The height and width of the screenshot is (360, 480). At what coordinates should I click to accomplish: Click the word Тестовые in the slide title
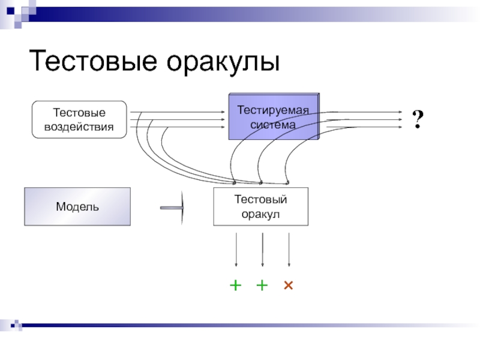pyautogui.click(x=93, y=61)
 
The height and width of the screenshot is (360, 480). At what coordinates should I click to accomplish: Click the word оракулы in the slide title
pyautogui.click(x=223, y=63)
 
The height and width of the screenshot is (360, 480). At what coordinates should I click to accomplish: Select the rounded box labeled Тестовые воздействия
pyautogui.click(x=79, y=119)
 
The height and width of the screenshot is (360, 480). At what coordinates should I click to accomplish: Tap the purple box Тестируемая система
pyautogui.click(x=274, y=116)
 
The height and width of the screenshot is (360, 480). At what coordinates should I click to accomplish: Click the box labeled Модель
pyautogui.click(x=77, y=206)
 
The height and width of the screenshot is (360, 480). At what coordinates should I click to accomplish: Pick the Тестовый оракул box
pyautogui.click(x=261, y=206)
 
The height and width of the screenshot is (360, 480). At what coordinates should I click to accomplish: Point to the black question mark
pyautogui.click(x=418, y=119)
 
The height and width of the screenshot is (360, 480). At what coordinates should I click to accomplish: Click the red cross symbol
pyautogui.click(x=289, y=286)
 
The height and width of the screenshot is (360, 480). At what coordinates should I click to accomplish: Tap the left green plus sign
pyautogui.click(x=236, y=286)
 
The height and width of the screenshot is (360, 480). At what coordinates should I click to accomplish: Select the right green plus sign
pyautogui.click(x=262, y=286)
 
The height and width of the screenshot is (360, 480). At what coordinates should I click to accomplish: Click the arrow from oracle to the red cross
pyautogui.click(x=289, y=250)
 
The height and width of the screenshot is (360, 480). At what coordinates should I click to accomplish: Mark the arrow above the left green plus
pyautogui.click(x=236, y=250)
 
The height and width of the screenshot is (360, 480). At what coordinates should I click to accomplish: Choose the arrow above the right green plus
pyautogui.click(x=262, y=250)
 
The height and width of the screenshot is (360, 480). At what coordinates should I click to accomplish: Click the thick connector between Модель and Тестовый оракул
pyautogui.click(x=172, y=208)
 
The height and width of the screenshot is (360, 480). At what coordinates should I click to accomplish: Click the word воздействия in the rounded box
pyautogui.click(x=79, y=127)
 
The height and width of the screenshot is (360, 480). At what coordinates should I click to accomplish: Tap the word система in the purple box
pyautogui.click(x=273, y=125)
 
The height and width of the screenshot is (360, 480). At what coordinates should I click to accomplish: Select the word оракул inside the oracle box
pyautogui.click(x=260, y=214)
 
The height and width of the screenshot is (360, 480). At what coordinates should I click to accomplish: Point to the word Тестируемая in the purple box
pyautogui.click(x=273, y=110)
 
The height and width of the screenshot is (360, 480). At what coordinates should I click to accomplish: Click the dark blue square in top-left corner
pyautogui.click(x=11, y=11)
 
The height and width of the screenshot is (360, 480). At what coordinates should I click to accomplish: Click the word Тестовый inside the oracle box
pyautogui.click(x=261, y=199)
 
